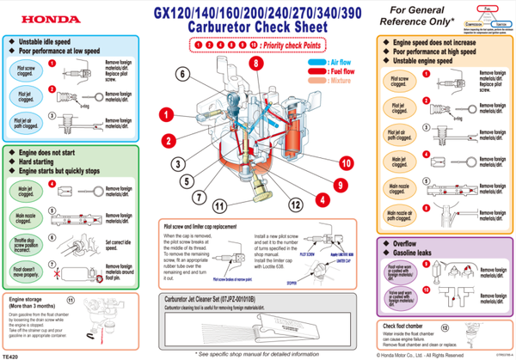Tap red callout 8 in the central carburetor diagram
pyautogui.click(x=255, y=64)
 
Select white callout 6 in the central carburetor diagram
pyautogui.click(x=183, y=74)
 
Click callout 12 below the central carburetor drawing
pyautogui.click(x=295, y=204)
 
